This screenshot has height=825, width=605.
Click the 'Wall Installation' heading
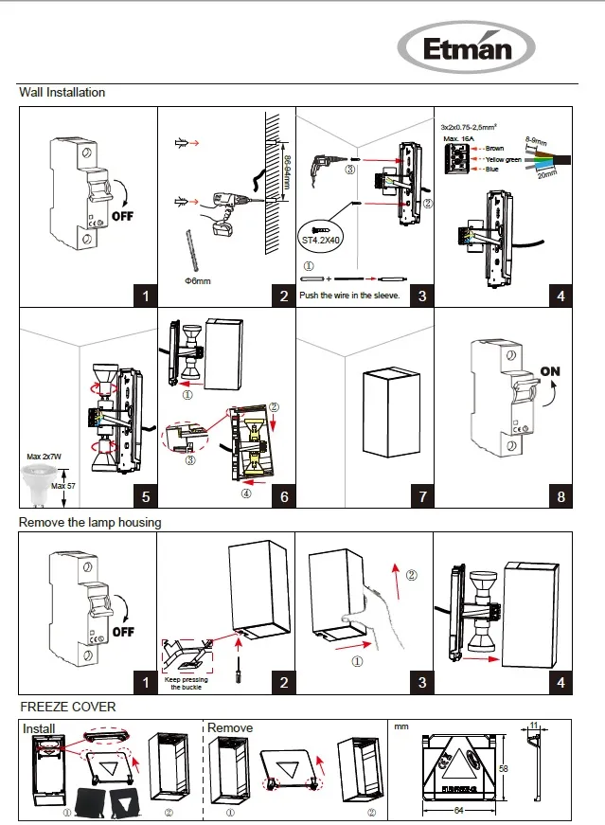coord(62,93)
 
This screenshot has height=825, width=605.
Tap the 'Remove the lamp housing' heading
coord(90,522)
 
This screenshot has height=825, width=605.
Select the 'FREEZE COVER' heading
coord(68,707)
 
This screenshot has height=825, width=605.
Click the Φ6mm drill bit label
coord(197,281)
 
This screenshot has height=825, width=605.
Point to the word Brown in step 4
coord(494,149)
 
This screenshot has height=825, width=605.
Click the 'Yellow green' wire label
coord(503,159)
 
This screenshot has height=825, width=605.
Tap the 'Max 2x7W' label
coord(44,457)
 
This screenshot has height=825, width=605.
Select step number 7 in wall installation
coord(422,496)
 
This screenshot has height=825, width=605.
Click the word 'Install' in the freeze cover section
coord(39,728)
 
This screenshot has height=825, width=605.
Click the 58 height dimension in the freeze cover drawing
coord(504,768)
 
